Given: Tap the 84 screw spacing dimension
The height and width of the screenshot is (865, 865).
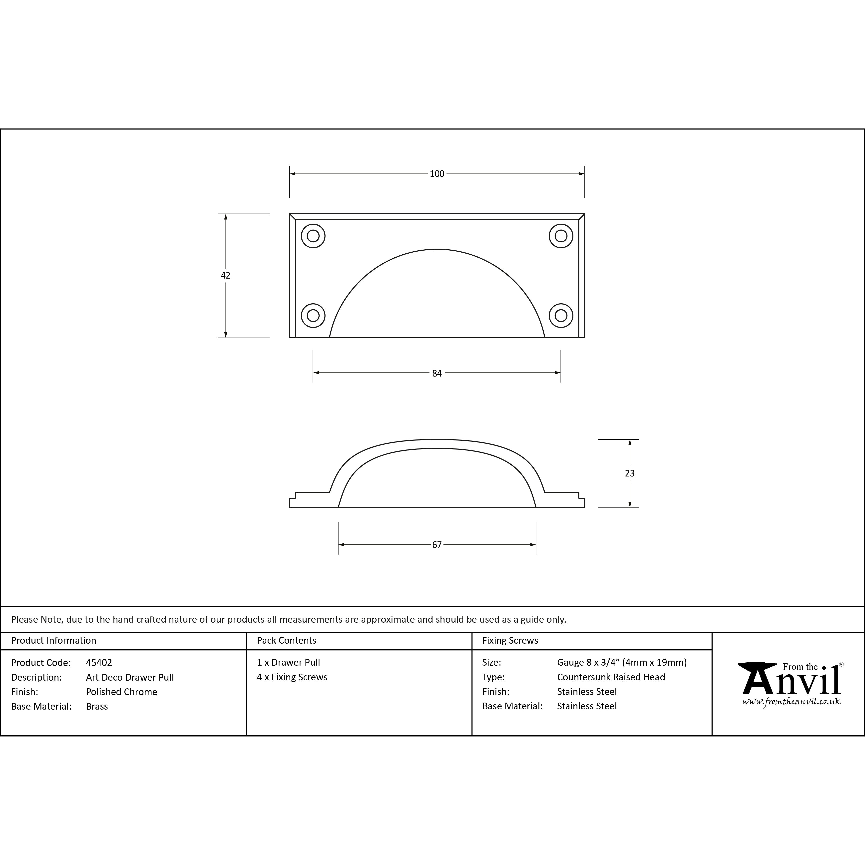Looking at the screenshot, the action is coord(437,373).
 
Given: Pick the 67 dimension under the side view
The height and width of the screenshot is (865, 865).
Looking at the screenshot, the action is coord(437,545).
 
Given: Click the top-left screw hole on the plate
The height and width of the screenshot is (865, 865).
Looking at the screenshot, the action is coord(313,236).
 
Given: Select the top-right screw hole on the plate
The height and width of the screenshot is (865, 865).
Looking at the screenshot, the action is coord(561,236).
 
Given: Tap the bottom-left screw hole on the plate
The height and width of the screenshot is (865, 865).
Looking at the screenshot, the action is coord(313,315).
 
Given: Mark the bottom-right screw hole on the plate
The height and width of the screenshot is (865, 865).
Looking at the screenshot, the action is coord(561,315).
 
